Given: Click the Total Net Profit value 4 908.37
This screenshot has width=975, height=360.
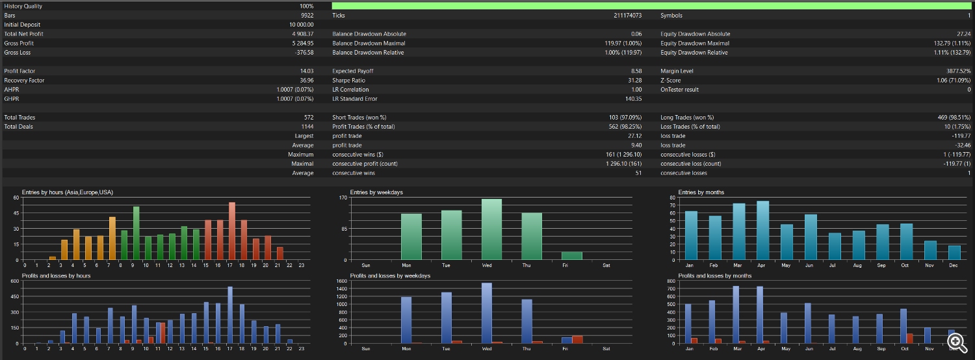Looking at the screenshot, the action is pos(302,34).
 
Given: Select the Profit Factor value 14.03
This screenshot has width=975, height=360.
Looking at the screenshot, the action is pos(306,71).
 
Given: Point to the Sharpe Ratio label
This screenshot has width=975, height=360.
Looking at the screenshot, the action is pos(348,81).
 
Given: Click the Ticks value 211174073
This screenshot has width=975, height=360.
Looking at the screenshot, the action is pos(628,16).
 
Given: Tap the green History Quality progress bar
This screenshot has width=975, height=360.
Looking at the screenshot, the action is pos(651,6).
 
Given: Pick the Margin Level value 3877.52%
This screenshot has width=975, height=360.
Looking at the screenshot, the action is pos(958,71).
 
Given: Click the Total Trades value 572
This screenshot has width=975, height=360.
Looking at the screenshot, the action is pos(309,118).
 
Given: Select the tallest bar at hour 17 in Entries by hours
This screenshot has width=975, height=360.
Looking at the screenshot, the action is pos(232,231).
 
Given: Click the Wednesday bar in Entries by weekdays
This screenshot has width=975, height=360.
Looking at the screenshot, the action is pos(491,229).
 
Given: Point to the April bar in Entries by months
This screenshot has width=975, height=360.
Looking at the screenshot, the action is pos(762,230).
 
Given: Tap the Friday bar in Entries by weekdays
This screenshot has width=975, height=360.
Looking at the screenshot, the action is pos(571,256).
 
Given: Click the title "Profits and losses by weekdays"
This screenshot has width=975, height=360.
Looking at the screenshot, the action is pos(390,276).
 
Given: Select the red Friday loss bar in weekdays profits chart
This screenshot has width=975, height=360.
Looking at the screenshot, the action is pos(577,340).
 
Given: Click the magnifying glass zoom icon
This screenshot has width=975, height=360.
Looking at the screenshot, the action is pos(957,343).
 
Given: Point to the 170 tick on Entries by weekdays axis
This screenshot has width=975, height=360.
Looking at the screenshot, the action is pos(343,198).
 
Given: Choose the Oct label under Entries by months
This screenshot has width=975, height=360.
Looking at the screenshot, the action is pos(905,266).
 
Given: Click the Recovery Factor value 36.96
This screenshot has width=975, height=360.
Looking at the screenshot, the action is pos(306,81).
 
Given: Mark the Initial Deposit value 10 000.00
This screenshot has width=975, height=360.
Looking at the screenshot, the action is pos(301,25).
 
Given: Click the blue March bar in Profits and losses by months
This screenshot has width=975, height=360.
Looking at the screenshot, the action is pos(736,315).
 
